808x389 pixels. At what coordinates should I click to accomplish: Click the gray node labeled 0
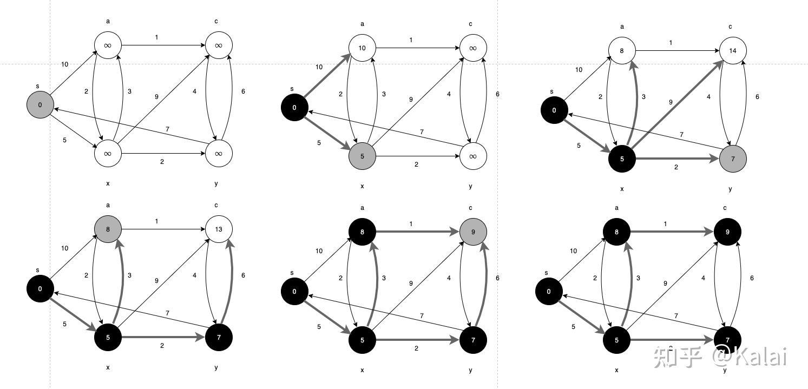tap(40, 105)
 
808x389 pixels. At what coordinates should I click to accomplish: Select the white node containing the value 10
tap(362, 48)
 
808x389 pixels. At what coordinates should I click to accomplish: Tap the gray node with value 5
tap(362, 156)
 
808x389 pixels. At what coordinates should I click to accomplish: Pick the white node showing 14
tap(733, 50)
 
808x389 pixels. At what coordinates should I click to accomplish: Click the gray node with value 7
tap(733, 159)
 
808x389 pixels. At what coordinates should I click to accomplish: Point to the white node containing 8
tap(622, 50)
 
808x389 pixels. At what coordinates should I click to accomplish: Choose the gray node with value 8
tap(108, 229)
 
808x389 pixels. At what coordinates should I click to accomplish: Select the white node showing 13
tap(219, 229)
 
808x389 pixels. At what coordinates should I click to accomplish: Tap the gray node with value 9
tap(473, 232)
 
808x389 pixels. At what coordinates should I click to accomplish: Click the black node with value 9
tap(727, 232)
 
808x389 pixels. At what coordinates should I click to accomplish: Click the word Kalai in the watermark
tap(764, 357)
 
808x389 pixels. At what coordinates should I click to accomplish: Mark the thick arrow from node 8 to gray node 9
tap(417, 232)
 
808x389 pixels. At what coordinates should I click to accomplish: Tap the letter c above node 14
tap(730, 27)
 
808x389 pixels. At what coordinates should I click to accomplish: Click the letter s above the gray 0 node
tap(37, 86)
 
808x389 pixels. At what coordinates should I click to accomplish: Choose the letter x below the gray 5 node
tap(362, 187)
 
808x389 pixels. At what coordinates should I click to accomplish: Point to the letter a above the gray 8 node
tap(108, 206)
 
